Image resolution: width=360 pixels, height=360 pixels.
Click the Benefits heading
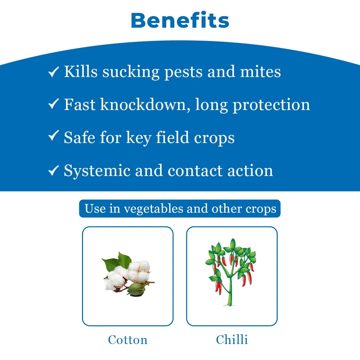click(180, 21)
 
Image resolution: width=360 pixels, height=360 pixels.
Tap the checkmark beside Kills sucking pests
click(54, 72)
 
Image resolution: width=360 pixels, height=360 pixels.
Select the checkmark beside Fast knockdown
click(54, 105)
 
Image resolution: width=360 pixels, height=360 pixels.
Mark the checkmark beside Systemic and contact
click(54, 170)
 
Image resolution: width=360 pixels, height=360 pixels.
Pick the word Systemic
click(97, 171)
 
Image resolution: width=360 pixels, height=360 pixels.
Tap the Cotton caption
click(128, 340)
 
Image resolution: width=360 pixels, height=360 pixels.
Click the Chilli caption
click(232, 340)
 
